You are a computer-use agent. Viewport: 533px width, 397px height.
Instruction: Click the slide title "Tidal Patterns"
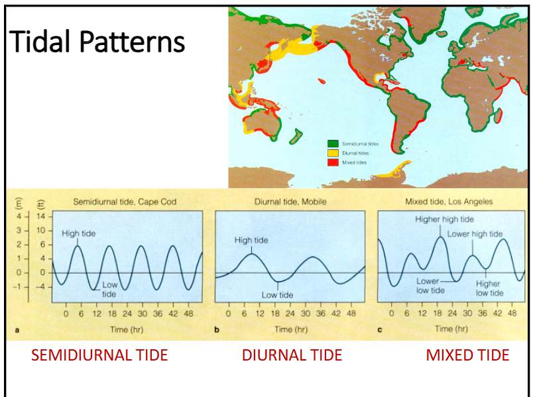click(x=97, y=42)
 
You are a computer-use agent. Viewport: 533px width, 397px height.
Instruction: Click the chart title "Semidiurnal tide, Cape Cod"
click(x=125, y=201)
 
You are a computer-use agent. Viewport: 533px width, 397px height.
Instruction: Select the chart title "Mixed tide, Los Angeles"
click(x=449, y=201)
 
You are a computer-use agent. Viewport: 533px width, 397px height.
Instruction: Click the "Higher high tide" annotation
click(x=445, y=219)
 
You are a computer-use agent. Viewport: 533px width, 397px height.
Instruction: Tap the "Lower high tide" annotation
click(x=475, y=234)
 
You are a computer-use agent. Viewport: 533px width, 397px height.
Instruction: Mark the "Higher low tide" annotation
click(x=489, y=288)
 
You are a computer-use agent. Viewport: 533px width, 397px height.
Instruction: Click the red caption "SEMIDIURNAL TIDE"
click(x=99, y=355)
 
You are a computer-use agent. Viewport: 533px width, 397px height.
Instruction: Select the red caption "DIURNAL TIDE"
click(x=292, y=355)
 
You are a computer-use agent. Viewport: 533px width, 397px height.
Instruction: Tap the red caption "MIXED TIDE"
click(x=467, y=355)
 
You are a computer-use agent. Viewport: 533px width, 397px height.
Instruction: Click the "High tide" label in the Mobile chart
click(x=251, y=241)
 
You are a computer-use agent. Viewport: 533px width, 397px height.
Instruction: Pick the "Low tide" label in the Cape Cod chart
click(x=109, y=290)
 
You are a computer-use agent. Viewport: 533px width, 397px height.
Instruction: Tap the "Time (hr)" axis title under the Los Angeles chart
click(x=453, y=329)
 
